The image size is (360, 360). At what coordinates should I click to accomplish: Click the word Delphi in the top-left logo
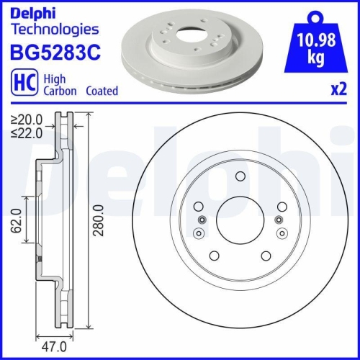pos(32,12)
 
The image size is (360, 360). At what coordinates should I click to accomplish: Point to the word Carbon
pos(58,91)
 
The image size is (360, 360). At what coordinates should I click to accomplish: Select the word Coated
pos(101,91)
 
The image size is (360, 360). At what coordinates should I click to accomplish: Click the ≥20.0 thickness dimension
pos(26,120)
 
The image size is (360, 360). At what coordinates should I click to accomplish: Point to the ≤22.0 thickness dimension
pos(26,132)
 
